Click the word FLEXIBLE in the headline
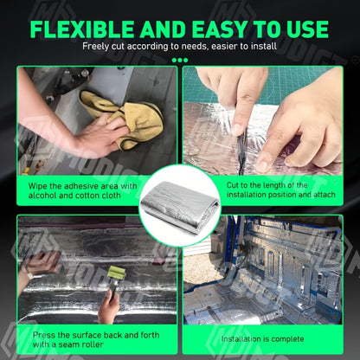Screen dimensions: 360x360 coord(81,29)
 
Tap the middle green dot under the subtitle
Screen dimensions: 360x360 coord(180,61)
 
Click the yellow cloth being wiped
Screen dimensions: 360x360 coord(125,119)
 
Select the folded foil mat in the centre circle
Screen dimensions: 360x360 coord(179,206)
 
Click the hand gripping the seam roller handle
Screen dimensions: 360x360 coord(108,305)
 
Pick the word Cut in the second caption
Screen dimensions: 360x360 coord(233,185)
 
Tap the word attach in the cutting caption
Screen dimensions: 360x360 coord(325,195)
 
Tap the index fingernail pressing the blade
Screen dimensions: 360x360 coord(237,129)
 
